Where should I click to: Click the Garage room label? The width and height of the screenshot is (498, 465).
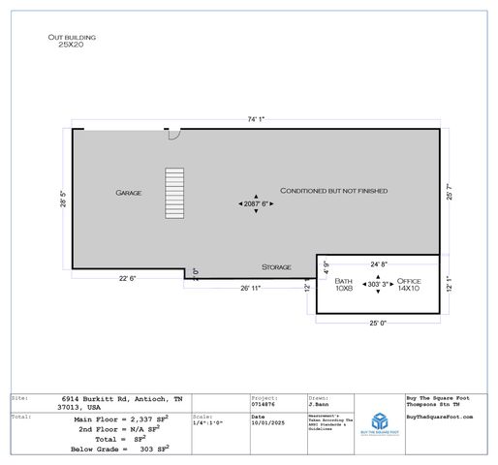(x=129, y=193)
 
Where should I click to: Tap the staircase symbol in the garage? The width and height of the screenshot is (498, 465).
(x=173, y=195)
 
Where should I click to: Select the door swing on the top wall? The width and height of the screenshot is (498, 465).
(x=172, y=135)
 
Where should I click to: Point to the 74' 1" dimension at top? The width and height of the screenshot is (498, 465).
(x=255, y=120)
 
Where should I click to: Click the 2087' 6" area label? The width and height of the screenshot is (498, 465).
(x=256, y=204)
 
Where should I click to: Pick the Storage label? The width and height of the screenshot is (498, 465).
(x=276, y=266)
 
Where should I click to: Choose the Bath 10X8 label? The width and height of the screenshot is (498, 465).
(x=345, y=284)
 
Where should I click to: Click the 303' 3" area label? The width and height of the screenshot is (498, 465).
(x=377, y=284)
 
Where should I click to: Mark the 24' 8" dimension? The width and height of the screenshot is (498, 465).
(x=379, y=263)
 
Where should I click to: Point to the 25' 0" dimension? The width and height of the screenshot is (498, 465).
(x=378, y=323)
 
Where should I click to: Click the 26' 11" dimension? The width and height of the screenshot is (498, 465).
(x=252, y=288)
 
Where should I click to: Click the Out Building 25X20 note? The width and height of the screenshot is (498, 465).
(x=72, y=41)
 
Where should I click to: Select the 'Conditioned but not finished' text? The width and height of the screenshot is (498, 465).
(x=334, y=191)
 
